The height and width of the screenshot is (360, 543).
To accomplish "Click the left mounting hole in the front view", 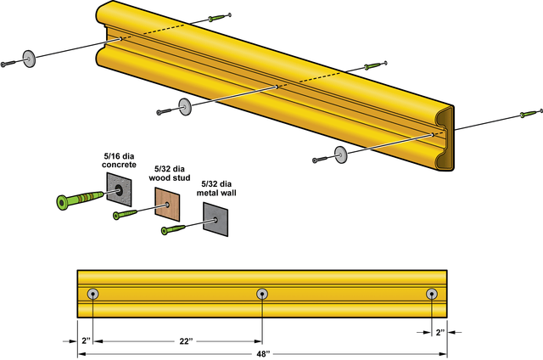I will [x=92, y=294].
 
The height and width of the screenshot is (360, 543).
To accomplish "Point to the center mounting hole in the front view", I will [x=262, y=294].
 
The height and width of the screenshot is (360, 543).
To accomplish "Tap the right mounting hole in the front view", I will [x=432, y=294].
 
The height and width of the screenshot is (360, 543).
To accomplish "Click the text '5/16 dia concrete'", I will [x=119, y=160].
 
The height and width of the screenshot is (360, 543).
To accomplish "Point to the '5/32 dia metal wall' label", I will [x=218, y=188].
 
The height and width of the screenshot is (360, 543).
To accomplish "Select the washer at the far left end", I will [x=31, y=59].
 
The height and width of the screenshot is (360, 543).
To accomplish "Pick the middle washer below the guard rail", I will [x=184, y=106].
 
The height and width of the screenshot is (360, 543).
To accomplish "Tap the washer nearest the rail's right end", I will [x=341, y=154].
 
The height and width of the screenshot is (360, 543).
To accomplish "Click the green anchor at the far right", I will [x=530, y=113].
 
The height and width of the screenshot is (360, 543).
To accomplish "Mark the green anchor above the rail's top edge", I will [x=219, y=17].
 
